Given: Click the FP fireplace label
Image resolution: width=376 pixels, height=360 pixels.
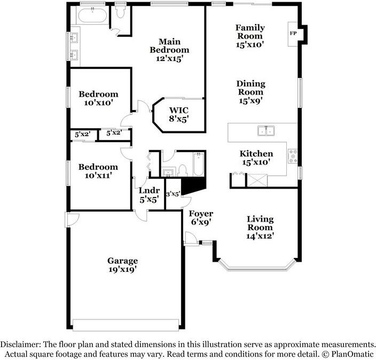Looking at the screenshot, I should (x=293, y=33).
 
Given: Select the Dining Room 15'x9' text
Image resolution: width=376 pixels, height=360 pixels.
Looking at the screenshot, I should (x=250, y=92).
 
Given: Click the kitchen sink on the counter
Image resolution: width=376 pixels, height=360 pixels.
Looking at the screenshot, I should (x=265, y=130).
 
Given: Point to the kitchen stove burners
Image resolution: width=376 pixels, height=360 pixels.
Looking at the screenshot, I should (x=293, y=155).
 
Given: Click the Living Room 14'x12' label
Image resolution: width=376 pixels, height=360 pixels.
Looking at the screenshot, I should (x=260, y=227).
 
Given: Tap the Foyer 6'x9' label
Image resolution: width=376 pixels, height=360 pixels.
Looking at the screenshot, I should (x=201, y=217).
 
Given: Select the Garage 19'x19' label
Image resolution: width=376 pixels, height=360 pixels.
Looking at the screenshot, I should (x=122, y=265).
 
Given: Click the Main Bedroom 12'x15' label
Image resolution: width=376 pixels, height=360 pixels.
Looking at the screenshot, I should (x=169, y=50).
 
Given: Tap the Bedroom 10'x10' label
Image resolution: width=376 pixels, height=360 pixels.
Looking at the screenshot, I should (x=98, y=98).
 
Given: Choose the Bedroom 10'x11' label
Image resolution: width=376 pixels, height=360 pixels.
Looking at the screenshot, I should (x=98, y=171).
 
